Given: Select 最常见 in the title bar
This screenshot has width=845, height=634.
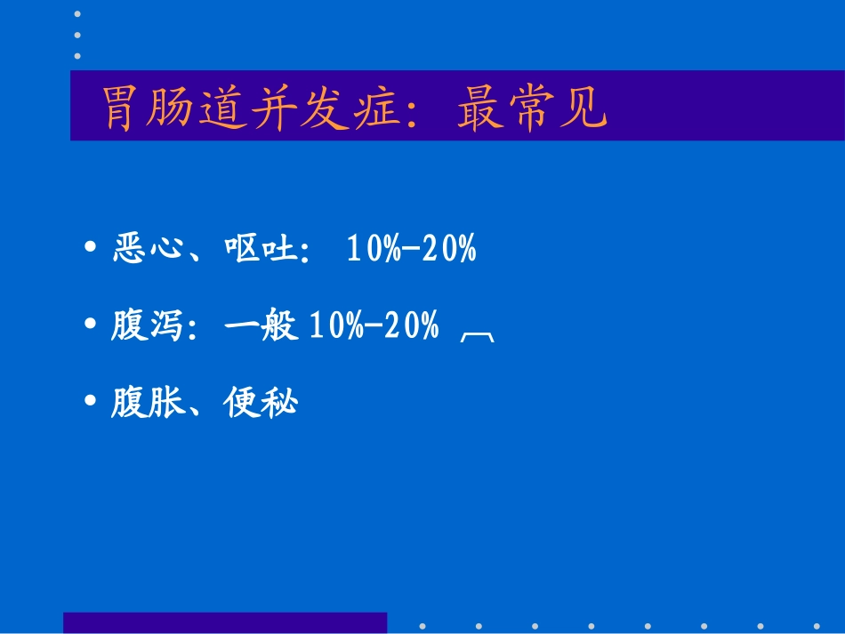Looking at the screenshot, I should point(532,108).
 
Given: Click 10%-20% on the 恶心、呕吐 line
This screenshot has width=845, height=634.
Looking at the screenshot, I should point(411,250).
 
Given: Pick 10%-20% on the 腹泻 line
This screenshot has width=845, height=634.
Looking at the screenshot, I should point(374,327).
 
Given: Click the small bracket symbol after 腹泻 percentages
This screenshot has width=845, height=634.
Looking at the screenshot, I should point(479,334).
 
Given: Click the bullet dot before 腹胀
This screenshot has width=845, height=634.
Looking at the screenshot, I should point(91,403).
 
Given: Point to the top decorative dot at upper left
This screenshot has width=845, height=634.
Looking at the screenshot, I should point(77,14).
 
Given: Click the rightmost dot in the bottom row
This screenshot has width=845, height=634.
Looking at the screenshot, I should point(816,625).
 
